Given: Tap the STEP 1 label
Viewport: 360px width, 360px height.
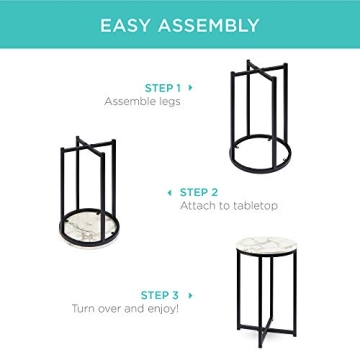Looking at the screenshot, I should pyautogui.click(x=161, y=87).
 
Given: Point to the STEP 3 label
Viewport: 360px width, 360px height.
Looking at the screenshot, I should pyautogui.click(x=160, y=295).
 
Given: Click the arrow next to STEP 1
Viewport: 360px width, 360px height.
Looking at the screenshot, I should pyautogui.click(x=191, y=87).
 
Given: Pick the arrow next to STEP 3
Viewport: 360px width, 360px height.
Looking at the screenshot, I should pyautogui.click(x=190, y=295).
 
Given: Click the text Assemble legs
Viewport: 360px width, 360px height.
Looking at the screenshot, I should pyautogui.click(x=142, y=101).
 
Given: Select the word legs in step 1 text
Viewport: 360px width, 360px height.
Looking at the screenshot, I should pyautogui.click(x=169, y=101).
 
